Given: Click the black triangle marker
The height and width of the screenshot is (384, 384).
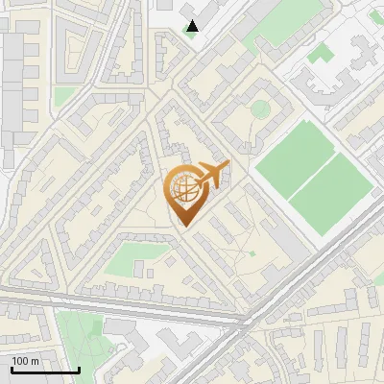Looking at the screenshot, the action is (x=193, y=26).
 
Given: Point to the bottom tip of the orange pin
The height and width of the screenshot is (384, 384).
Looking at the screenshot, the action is (x=182, y=226).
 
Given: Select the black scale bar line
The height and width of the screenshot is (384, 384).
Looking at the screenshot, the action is (x=45, y=370).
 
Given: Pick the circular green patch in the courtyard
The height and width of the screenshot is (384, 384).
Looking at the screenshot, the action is (x=259, y=108).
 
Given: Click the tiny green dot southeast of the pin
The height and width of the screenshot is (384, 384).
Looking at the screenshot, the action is (x=252, y=253).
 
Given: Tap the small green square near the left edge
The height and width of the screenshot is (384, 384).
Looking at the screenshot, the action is (x=64, y=97).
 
